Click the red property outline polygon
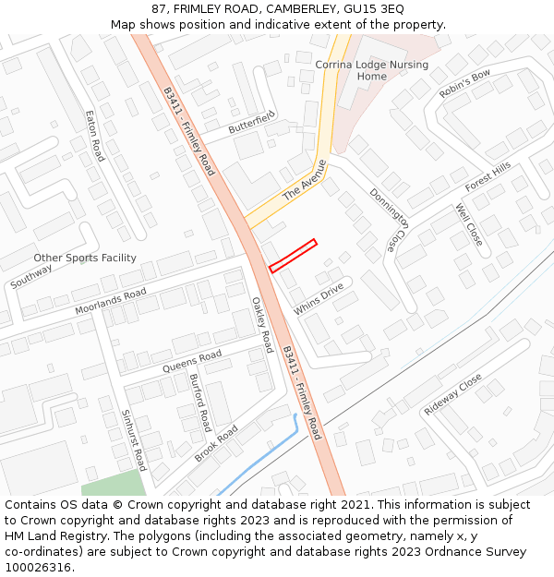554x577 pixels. click(293, 256)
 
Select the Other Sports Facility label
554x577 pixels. click(85, 258)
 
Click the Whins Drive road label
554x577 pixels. click(319, 298)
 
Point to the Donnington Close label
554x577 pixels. click(388, 220)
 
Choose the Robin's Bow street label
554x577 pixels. click(465, 84)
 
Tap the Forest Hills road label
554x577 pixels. click(488, 176)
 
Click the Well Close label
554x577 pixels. click(469, 224)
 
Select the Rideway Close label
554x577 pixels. click(453, 394)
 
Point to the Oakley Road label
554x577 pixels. click(262, 324)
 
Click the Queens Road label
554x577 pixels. click(192, 361)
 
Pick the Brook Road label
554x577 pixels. click(217, 443)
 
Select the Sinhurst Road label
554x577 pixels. click(134, 440)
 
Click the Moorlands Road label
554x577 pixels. click(111, 301)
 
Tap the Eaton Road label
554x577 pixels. click(94, 137)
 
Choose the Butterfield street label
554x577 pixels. click(252, 121)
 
